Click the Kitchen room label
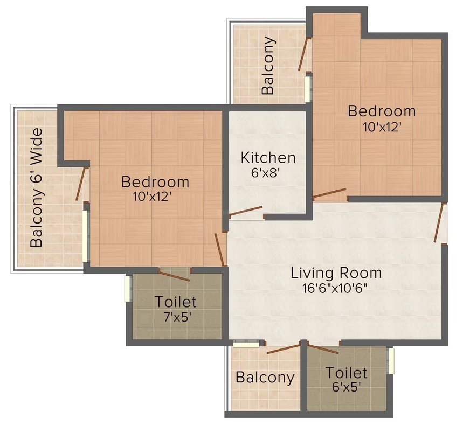[268, 158]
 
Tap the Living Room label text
[336, 273]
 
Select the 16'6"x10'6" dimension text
[335, 288]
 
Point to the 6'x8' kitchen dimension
[265, 172]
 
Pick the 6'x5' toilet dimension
[347, 387]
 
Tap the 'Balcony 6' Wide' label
[37, 187]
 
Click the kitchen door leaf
[246, 211]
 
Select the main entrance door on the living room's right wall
[439, 222]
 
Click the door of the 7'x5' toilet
[175, 276]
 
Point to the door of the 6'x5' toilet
[323, 348]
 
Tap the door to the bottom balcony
[284, 349]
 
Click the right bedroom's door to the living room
[329, 193]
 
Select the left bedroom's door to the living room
[220, 250]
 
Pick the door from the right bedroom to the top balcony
[304, 54]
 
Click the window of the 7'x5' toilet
[128, 289]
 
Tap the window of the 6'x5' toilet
[391, 361]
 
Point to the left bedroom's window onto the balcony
[85, 236]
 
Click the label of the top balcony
[268, 66]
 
